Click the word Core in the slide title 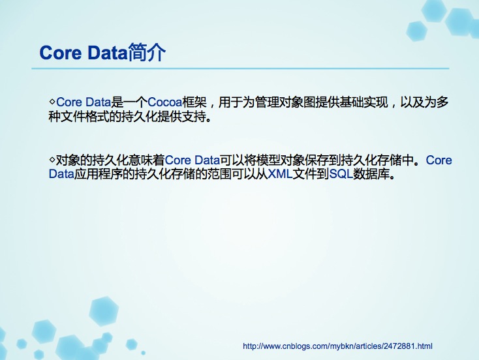coord(61,53)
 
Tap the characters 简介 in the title coord(147,52)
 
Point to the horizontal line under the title coord(240,68)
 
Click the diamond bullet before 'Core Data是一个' coord(52,101)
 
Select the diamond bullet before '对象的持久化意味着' coord(52,159)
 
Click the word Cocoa coord(165,102)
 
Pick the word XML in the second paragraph coord(280,174)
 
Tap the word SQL coord(341,174)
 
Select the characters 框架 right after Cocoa coord(194,102)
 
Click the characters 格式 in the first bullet coord(97,116)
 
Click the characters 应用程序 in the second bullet coord(99,174)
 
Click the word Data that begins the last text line coord(61,174)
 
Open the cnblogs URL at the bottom coord(337,346)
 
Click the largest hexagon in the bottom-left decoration coord(104,312)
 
